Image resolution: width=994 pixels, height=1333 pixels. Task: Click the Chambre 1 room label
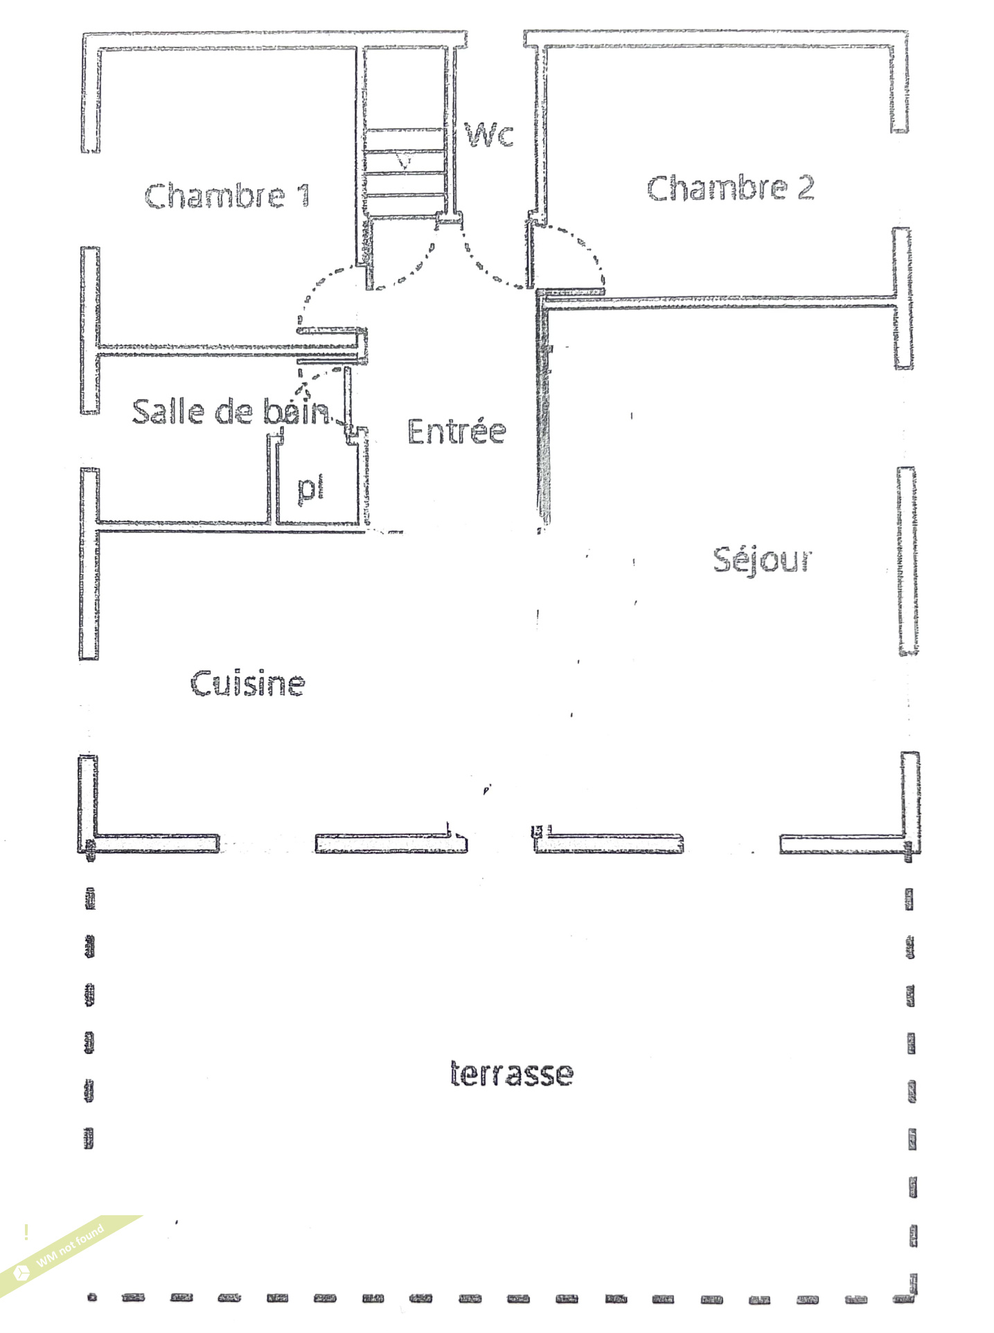point(227,195)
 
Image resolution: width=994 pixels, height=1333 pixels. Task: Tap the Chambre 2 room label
point(730,188)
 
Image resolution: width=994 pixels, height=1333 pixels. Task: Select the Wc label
point(489,134)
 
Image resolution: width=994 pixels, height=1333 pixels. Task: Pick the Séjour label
point(762,559)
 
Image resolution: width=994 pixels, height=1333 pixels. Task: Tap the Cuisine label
point(247,683)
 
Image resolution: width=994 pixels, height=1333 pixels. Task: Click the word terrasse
point(511,1073)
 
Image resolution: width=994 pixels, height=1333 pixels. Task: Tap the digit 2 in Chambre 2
point(805,188)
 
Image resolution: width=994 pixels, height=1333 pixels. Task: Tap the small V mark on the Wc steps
point(404,162)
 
